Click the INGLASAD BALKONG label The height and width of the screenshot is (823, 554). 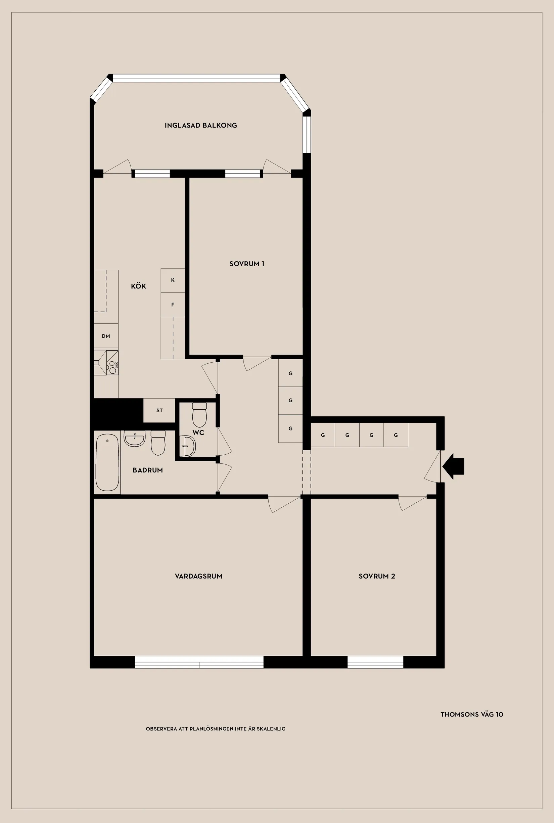click(201, 126)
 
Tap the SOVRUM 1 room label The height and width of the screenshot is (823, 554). click(247, 264)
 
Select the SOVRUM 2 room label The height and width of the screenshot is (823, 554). click(377, 576)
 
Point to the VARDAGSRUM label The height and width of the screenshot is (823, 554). click(198, 576)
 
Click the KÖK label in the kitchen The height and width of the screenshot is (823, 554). click(138, 286)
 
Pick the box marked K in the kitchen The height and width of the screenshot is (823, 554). click(173, 280)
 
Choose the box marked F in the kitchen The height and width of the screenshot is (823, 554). click(173, 305)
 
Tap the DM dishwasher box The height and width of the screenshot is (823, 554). click(106, 336)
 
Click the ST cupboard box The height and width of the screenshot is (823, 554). click(159, 410)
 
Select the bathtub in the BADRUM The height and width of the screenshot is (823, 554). click(107, 462)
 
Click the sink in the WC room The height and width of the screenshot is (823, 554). click(188, 446)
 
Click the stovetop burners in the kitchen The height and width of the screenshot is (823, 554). click(113, 367)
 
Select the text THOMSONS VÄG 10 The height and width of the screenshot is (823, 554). click(472, 714)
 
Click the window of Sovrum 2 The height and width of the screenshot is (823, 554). click(375, 662)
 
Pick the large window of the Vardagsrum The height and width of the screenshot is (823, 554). click(199, 662)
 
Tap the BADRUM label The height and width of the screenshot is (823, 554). click(148, 470)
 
